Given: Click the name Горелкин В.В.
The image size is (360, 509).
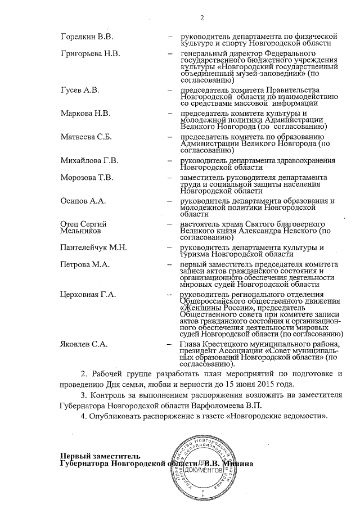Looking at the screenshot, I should (87, 37).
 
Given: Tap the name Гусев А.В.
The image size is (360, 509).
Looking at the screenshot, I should (80, 91).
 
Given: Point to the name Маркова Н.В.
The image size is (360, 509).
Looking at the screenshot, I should (85, 113).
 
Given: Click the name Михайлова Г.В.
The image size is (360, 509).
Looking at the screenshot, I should (89, 161).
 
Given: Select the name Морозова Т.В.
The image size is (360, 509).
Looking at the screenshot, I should (87, 178).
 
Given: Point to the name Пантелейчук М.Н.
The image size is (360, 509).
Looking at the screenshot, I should (93, 248).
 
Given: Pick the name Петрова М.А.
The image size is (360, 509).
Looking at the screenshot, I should (84, 264).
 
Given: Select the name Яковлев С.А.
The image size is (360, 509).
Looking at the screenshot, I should (84, 344).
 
